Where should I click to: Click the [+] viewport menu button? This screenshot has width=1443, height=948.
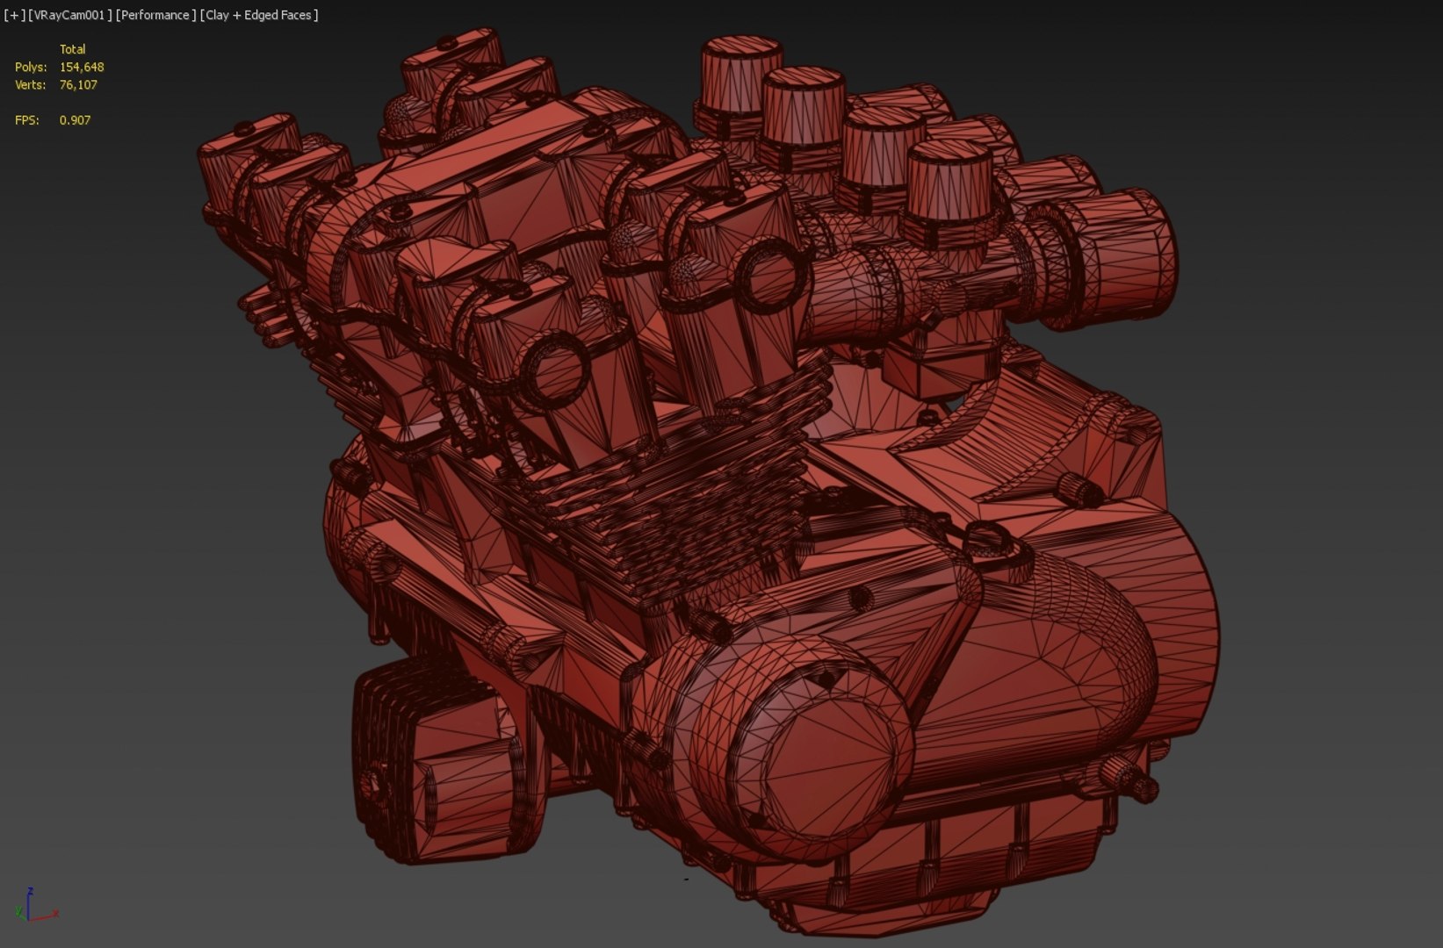14,15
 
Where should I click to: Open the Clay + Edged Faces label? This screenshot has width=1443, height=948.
259,15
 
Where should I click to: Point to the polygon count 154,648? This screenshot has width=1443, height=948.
82,67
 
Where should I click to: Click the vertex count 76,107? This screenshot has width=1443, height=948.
78,84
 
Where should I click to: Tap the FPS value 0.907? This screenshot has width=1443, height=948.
75,119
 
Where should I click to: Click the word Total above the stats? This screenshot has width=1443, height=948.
72,49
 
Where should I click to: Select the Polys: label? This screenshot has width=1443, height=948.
31,67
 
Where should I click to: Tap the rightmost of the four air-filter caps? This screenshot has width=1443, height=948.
949,180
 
